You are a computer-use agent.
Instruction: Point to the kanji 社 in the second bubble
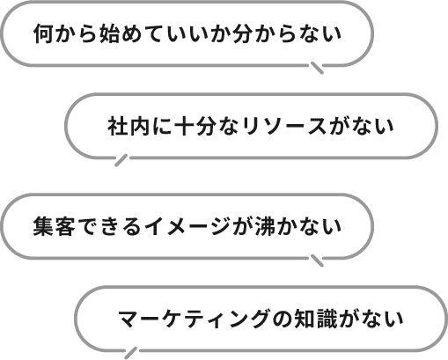[x=118, y=126]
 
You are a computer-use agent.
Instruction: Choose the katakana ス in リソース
[x=316, y=127]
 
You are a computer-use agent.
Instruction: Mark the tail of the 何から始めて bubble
[x=317, y=68]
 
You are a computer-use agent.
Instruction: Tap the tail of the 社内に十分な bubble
[x=121, y=160]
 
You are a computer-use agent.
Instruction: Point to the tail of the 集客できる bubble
[x=317, y=261]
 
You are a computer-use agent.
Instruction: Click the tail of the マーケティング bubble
[x=130, y=353]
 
